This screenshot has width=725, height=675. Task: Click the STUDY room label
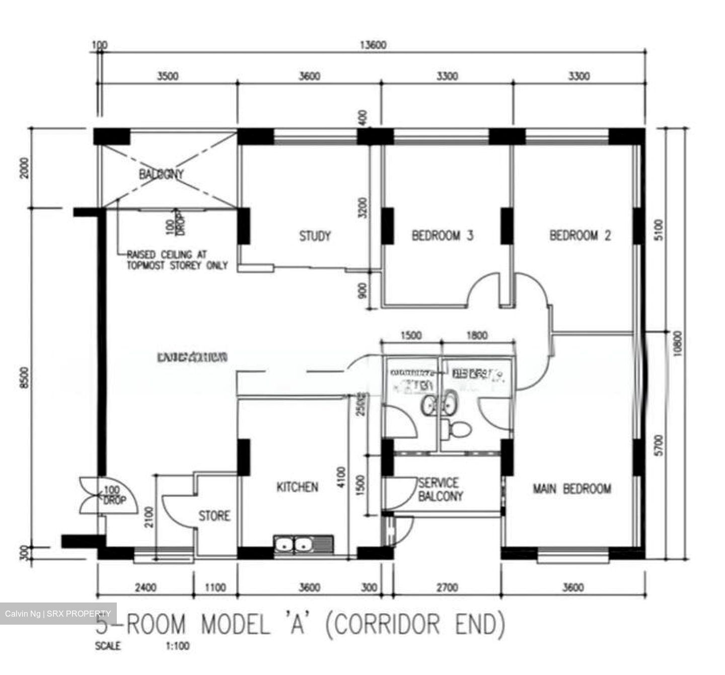click(x=315, y=236)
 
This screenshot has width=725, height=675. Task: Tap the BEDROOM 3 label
click(x=442, y=235)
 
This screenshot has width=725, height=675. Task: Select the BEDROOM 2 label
click(x=580, y=235)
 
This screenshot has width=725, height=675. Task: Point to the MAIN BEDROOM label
click(x=572, y=488)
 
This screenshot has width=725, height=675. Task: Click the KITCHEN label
click(x=297, y=487)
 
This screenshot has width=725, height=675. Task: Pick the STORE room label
click(x=214, y=515)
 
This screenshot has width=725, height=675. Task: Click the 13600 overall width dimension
click(x=373, y=45)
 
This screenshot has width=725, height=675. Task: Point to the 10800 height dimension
click(x=677, y=343)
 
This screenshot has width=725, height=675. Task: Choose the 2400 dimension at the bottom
click(x=146, y=587)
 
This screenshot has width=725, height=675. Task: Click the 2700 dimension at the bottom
click(x=447, y=587)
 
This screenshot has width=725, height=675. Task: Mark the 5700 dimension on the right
click(x=660, y=445)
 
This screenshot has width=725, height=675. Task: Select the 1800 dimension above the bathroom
click(x=477, y=335)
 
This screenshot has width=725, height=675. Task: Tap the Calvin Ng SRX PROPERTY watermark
click(x=58, y=614)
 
